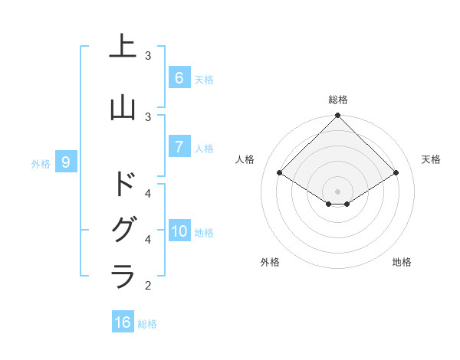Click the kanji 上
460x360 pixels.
123,47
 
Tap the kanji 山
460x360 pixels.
123,108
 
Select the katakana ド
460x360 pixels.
123,184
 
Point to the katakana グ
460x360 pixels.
123,231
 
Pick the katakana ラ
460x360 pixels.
123,275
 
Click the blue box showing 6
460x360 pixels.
179,77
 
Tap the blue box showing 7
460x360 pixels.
179,146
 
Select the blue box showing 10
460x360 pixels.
179,231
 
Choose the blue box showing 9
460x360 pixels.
67,162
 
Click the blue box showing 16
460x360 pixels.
123,322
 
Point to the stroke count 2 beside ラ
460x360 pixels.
148,286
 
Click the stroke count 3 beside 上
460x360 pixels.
148,56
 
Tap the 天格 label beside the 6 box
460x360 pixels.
204,79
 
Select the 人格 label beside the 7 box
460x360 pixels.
204,148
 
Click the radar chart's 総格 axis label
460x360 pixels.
337,100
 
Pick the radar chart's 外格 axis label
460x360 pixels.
269,262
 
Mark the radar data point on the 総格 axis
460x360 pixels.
337,116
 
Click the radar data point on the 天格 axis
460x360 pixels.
396,173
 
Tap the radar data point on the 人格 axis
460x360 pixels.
280,173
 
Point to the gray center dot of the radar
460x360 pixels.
337,191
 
